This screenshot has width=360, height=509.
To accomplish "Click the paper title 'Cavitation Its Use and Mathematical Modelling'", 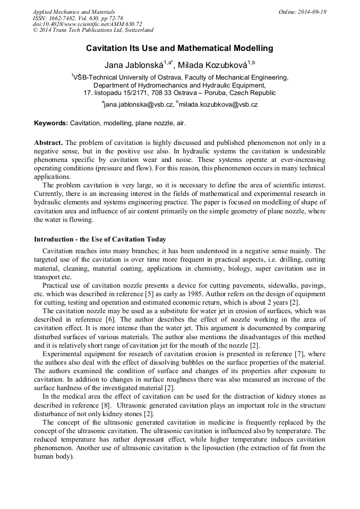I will point(179,48).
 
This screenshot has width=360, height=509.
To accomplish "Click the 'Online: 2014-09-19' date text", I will point(303,12).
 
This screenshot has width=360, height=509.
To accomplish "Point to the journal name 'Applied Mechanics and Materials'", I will point(74,12).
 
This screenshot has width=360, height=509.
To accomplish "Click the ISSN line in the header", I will point(78,18).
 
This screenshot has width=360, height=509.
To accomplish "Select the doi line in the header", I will point(87,24).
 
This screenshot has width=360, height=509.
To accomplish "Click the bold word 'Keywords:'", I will point(51,123).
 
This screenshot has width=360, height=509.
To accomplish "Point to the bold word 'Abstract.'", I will point(48,143).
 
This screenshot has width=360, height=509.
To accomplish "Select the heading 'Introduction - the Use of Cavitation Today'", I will point(100,239).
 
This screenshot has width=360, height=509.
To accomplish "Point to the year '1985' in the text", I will point(261,294).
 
